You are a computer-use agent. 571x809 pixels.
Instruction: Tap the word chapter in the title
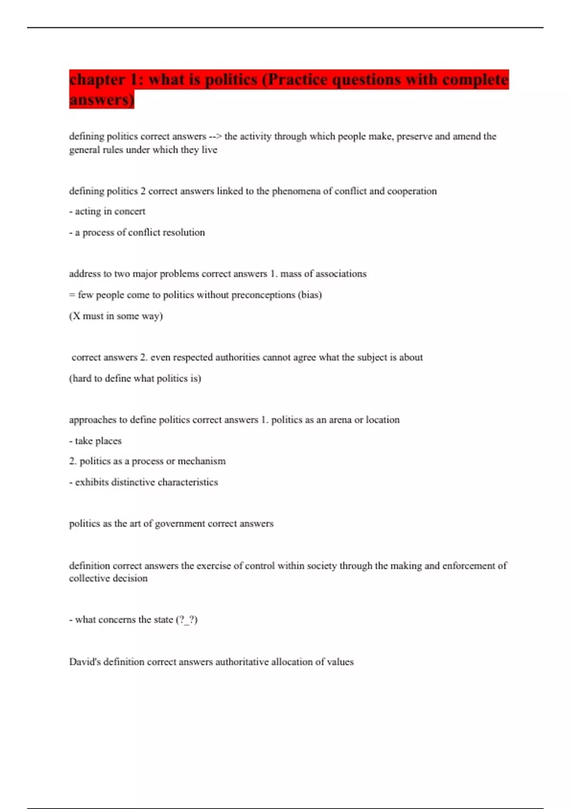pos(97,80)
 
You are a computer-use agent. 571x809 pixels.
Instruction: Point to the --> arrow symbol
pos(215,137)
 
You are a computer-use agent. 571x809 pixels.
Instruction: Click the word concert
pos(129,212)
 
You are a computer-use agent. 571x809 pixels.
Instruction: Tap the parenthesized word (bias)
pos(310,295)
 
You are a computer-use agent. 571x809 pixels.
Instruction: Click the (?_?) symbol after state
pos(187,620)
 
